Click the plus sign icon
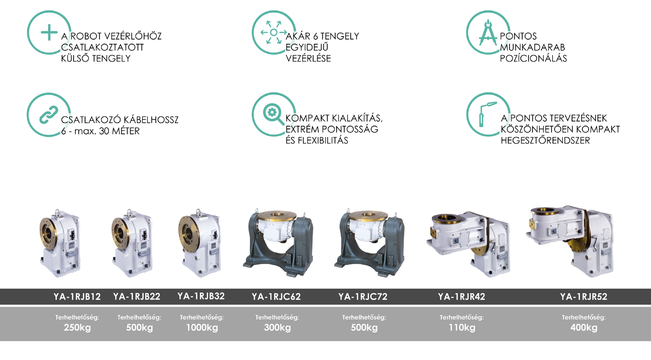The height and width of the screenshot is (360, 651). pyautogui.click(x=49, y=33)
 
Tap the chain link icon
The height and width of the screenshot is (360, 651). pyautogui.click(x=49, y=115)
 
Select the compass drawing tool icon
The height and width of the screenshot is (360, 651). pyautogui.click(x=488, y=33)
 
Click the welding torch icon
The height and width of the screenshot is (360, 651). pyautogui.click(x=487, y=114)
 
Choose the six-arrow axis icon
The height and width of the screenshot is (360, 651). pyautogui.click(x=273, y=33)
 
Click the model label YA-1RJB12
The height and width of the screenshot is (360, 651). pyautogui.click(x=77, y=297)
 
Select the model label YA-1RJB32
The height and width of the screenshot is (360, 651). pyautogui.click(x=201, y=296)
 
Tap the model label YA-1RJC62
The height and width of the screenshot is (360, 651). pyautogui.click(x=276, y=297)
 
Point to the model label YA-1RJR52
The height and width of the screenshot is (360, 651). pyautogui.click(x=584, y=297)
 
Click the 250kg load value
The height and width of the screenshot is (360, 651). pyautogui.click(x=77, y=327)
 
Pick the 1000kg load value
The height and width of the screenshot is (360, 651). pyautogui.click(x=202, y=327)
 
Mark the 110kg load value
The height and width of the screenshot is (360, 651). pyautogui.click(x=462, y=327)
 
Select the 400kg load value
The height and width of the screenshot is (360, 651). pyautogui.click(x=584, y=327)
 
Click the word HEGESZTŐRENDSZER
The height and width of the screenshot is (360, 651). pyautogui.click(x=545, y=141)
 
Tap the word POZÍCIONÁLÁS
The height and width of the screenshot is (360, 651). pyautogui.click(x=533, y=59)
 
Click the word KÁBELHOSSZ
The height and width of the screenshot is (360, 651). pyautogui.click(x=151, y=120)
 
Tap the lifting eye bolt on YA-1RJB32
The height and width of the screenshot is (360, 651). pyautogui.click(x=199, y=212)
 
